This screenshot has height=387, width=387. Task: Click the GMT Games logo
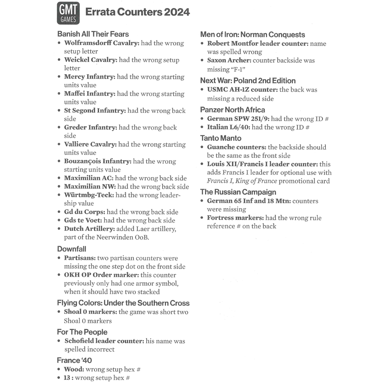click(68, 13)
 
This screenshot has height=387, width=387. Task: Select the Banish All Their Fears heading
click(93, 34)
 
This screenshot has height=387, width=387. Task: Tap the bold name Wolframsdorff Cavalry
click(101, 43)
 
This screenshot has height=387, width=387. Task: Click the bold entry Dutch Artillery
click(89, 229)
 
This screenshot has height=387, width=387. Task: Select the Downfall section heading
click(72, 249)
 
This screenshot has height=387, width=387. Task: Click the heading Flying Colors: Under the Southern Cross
click(123, 303)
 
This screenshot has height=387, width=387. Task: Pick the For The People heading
click(82, 332)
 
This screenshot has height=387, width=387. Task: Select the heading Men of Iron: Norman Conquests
click(252, 35)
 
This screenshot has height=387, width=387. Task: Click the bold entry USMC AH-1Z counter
click(242, 89)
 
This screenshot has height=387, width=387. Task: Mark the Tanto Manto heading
click(221, 138)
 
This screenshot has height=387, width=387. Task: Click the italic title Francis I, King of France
click(242, 181)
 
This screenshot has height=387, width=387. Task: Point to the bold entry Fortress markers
click(235, 218)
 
